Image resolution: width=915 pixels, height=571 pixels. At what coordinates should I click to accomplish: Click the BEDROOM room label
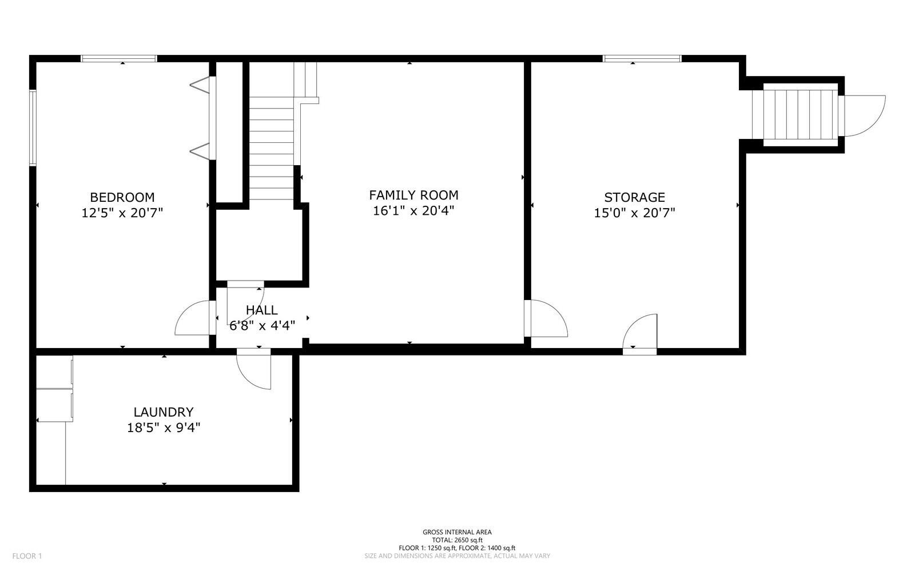coord(122,198)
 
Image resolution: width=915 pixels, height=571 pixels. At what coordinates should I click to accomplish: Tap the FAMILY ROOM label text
coord(413,195)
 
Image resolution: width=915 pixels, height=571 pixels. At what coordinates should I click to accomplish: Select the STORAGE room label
coord(634,198)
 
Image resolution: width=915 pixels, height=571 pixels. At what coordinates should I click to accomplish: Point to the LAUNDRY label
coord(164,412)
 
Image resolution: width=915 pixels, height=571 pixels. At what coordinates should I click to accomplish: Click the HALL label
coord(262,310)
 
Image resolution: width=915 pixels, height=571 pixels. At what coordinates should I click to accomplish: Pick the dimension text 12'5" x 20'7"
coord(122,213)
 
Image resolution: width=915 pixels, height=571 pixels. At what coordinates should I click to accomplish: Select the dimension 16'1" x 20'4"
coord(413,211)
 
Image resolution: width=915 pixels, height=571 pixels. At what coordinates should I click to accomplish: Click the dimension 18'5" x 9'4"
coord(164,428)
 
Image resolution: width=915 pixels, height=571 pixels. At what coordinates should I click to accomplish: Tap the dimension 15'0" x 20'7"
coord(634,213)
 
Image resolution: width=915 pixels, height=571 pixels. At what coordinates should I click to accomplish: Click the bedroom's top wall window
coord(119,59)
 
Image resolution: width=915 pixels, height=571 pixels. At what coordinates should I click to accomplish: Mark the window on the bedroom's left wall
coord(33,128)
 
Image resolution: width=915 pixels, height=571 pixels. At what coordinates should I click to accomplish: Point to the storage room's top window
coord(642,59)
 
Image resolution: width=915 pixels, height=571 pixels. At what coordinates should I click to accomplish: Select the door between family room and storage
coord(546,318)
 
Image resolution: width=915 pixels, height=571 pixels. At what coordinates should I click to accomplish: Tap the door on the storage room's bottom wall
coord(640,335)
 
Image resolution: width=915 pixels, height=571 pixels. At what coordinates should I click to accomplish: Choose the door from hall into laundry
coord(254,369)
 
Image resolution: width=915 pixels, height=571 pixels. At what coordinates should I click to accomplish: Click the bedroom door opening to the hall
coord(195,318)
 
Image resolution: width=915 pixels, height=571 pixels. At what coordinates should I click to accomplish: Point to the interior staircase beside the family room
coord(272,148)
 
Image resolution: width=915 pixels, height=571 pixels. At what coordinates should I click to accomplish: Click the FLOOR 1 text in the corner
coord(27,556)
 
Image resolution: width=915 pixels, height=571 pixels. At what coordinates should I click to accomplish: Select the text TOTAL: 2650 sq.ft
coord(457,540)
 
